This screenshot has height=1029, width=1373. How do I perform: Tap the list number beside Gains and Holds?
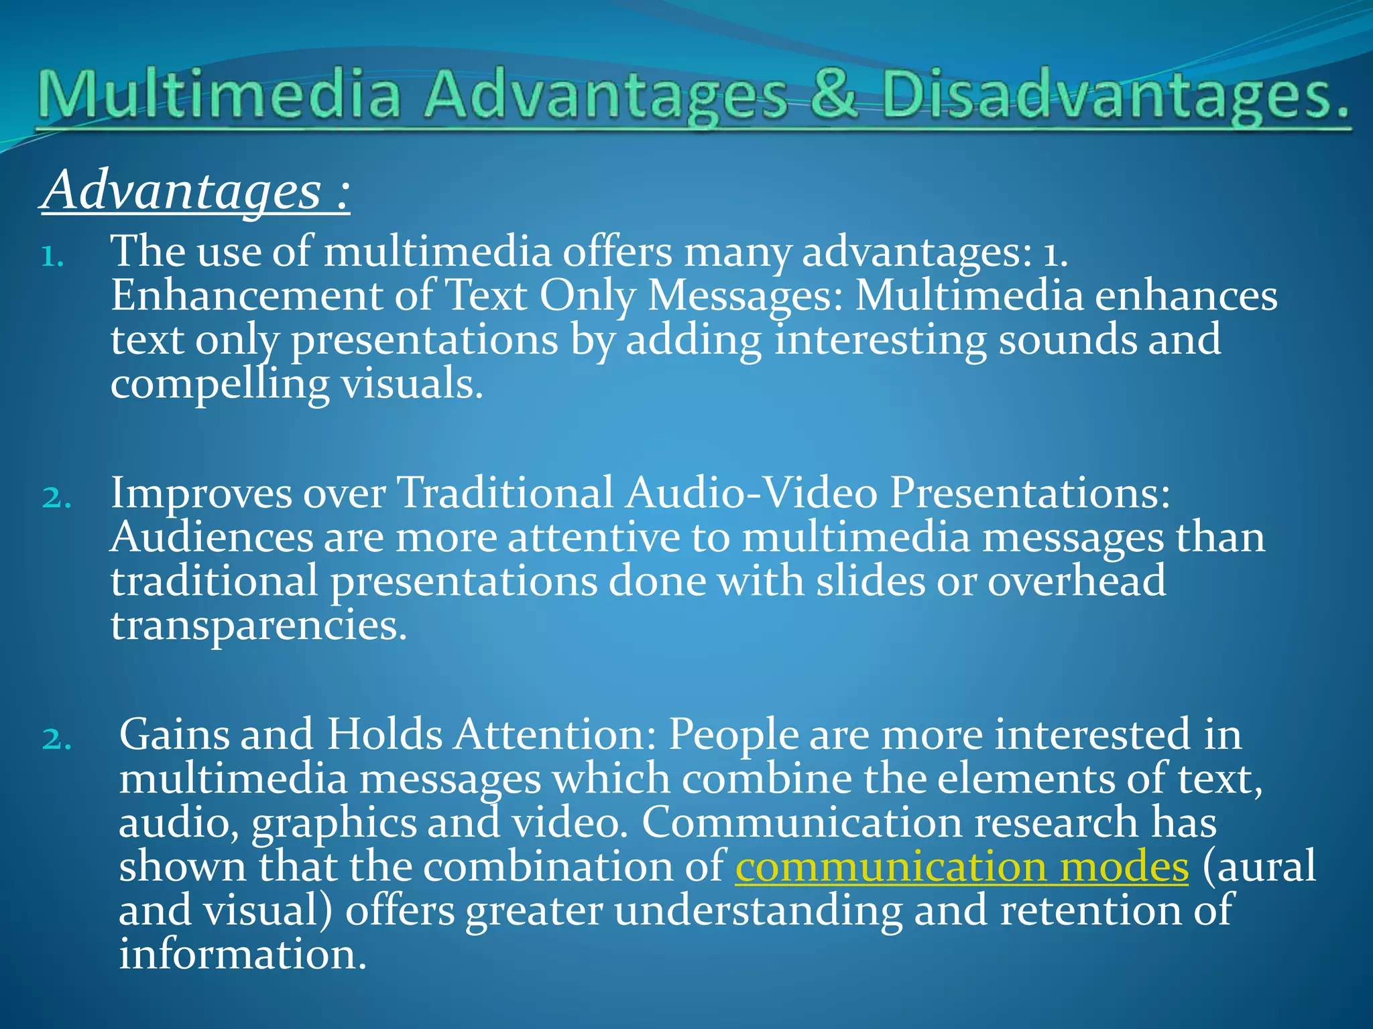coord(56,739)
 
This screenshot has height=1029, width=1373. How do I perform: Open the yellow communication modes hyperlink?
coord(961,867)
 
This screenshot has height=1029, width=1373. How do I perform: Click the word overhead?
coord(1077,581)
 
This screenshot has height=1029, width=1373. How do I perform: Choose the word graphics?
coord(334,823)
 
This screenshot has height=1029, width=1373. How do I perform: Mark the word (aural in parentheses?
coord(1259,867)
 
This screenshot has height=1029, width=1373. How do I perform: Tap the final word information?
coord(243,955)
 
